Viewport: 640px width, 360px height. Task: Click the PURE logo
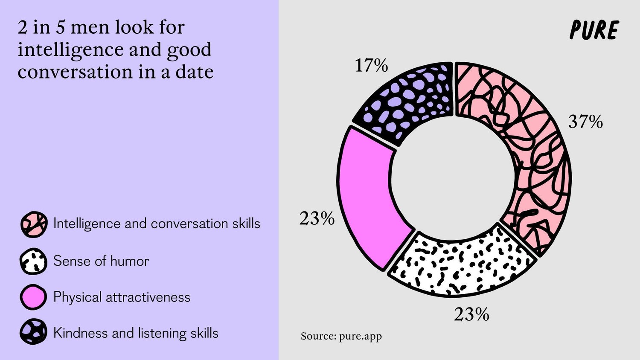pos(594,30)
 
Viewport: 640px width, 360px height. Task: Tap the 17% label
pos(371,66)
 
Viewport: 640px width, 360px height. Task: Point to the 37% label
pos(585,122)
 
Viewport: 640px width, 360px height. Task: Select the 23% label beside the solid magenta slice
pos(317,218)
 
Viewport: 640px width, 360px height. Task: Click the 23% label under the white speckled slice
pos(471,315)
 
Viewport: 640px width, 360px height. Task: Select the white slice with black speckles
pos(461,262)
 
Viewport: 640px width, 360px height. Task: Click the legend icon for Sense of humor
pos(33,261)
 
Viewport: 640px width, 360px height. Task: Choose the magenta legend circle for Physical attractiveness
pos(33,297)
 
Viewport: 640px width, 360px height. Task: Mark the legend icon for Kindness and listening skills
pos(33,332)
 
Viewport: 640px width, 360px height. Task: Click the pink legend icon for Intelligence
pos(33,224)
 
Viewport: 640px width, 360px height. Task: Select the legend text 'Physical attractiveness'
pos(122,297)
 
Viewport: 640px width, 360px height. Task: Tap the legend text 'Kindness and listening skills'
pos(136,333)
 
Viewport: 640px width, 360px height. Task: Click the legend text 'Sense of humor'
pos(101,261)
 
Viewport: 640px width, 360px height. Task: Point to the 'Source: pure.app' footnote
pos(341,336)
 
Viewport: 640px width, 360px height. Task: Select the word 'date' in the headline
pos(194,72)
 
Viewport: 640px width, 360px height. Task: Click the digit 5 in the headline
pos(61,27)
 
